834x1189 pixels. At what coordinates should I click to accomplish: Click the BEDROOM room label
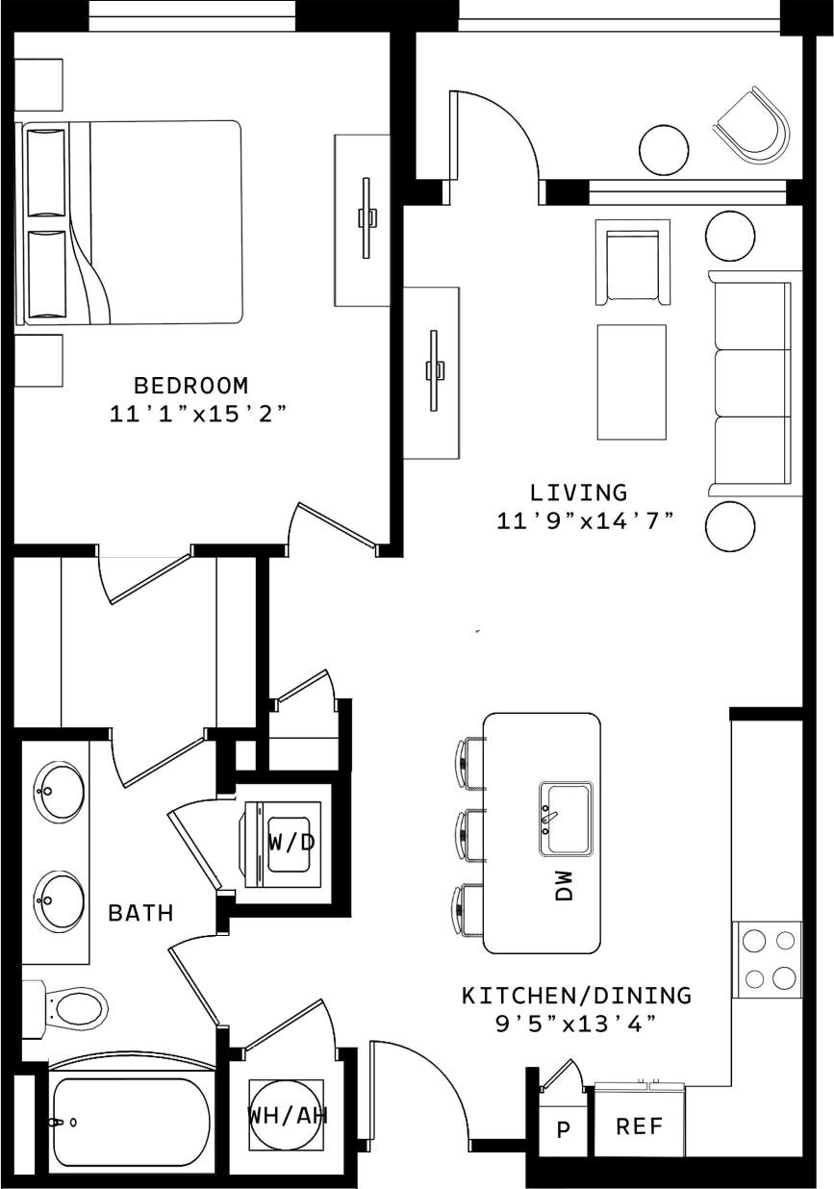[190, 386]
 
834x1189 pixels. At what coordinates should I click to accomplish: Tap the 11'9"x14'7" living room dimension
[584, 521]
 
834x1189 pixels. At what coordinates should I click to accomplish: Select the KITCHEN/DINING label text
[576, 995]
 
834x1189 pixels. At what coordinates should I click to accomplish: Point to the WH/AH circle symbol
[286, 1115]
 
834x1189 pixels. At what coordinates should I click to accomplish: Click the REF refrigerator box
[638, 1126]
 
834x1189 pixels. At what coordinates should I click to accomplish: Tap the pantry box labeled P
[562, 1128]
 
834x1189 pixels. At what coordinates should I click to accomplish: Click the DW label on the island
[564, 886]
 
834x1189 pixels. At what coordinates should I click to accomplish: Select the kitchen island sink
[566, 818]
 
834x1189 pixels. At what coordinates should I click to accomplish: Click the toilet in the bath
[72, 1010]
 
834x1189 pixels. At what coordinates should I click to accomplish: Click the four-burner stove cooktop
[768, 958]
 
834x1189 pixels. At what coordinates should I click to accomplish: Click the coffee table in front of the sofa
[631, 382]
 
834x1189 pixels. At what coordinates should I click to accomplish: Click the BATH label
[140, 913]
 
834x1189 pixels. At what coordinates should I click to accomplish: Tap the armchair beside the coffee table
[632, 263]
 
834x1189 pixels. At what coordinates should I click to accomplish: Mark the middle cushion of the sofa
[753, 383]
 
